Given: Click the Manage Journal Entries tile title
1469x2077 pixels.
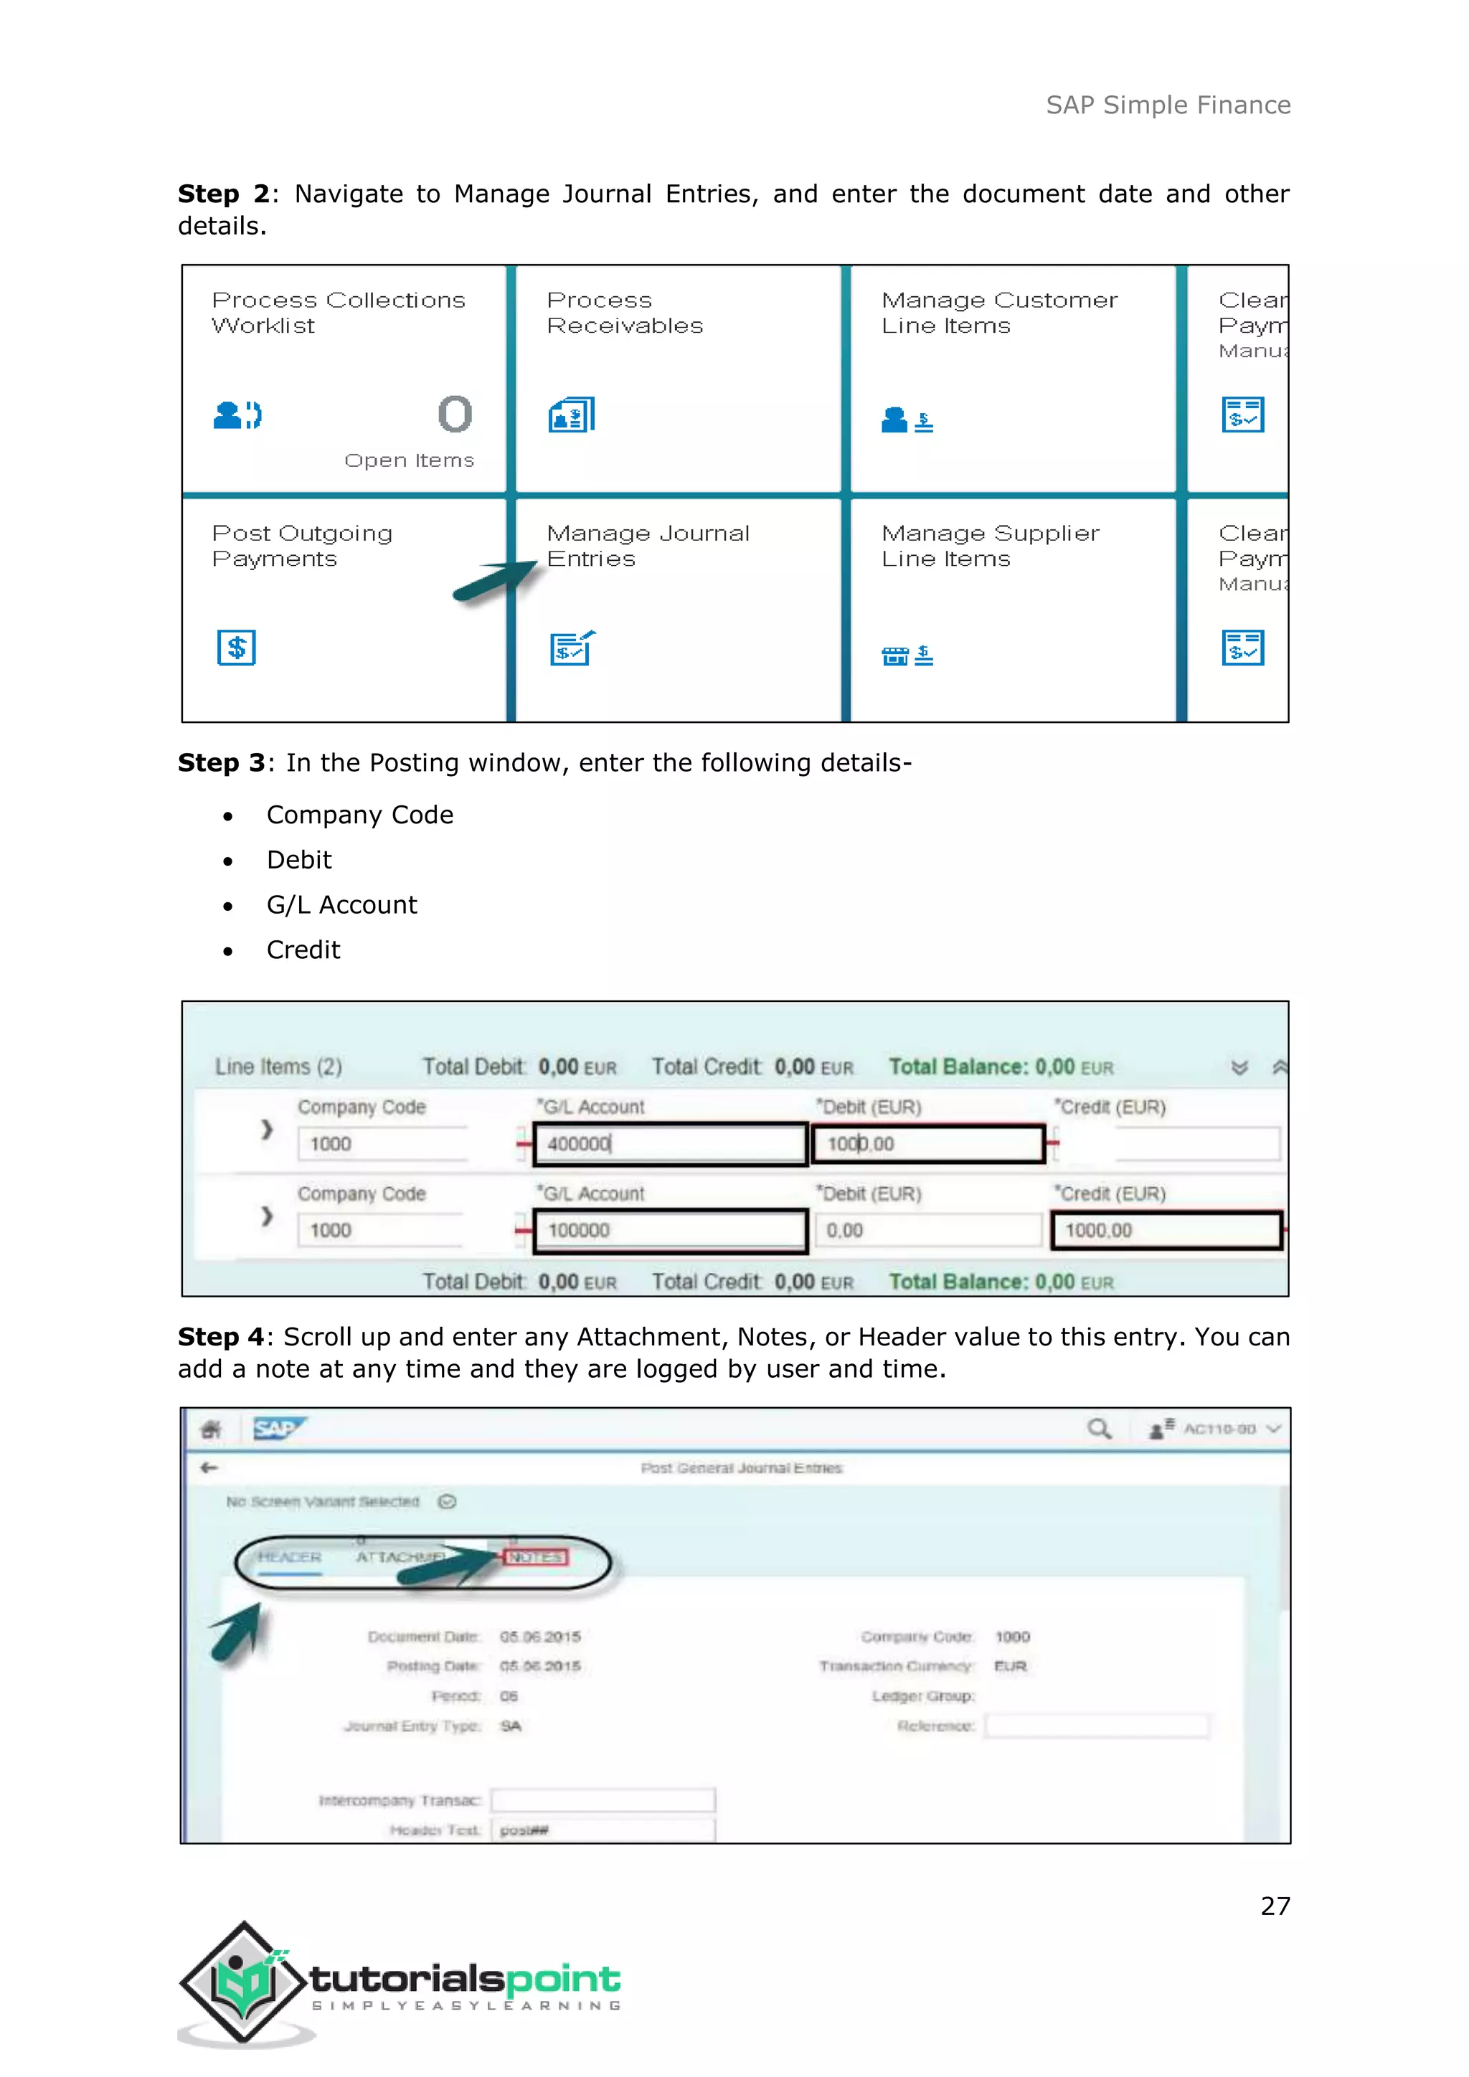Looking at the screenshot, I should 648,546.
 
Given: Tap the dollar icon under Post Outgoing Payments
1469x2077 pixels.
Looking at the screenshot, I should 236,648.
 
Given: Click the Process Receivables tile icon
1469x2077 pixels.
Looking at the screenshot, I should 572,415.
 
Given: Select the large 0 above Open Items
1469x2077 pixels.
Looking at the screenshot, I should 455,415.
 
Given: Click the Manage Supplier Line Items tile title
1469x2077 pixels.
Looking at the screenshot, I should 990,546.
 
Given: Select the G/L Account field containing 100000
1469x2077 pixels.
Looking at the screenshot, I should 669,1230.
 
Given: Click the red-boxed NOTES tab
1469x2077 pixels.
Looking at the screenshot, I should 536,1557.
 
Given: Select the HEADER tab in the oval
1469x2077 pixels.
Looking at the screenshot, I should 290,1557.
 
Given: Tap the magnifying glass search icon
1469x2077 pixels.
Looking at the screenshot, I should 1099,1429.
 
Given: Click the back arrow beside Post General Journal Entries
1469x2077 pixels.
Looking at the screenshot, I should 209,1467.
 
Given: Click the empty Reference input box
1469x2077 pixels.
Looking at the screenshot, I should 1096,1726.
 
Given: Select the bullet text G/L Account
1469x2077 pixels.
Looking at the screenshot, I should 342,904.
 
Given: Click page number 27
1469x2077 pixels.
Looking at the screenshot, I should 1275,1906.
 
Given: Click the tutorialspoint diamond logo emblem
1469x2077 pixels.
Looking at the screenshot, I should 242,1983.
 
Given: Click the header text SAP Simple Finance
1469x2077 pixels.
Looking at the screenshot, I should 1168,105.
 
